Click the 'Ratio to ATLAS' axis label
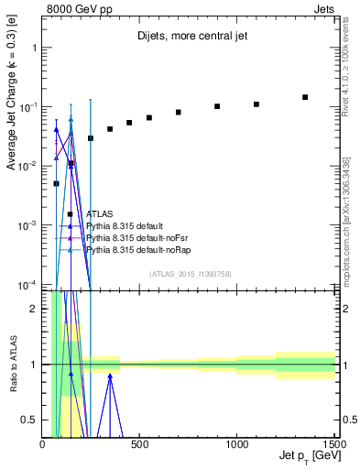click(x=12, y=364)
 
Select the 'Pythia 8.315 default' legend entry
click(x=127, y=225)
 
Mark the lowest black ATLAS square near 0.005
click(x=56, y=183)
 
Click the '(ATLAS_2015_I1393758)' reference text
click(x=190, y=273)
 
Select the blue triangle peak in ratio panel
click(x=110, y=375)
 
